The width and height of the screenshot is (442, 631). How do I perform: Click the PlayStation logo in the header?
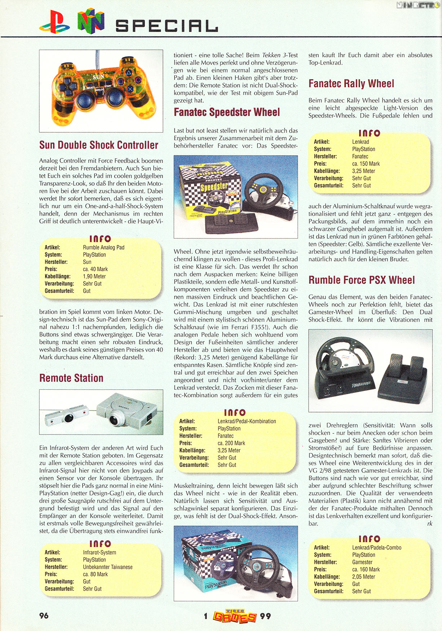55,22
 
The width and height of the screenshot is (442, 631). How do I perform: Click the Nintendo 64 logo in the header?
91,21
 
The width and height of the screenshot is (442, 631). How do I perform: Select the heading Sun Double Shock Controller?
98,145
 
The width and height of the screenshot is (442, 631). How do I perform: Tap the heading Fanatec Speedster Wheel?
227,112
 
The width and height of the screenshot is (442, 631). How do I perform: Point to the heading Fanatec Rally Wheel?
351,84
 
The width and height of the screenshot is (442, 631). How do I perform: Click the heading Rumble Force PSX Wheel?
362,280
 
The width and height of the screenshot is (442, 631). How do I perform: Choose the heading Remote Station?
71,378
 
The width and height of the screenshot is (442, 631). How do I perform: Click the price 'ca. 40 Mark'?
95,269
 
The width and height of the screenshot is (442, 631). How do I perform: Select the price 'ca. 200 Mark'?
231,443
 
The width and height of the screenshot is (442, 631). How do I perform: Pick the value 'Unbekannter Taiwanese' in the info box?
107,567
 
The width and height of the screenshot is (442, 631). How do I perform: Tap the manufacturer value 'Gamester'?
362,562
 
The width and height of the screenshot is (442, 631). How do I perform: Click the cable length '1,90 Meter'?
94,277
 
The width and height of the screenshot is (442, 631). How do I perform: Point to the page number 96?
44,615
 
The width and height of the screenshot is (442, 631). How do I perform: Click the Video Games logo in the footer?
235,616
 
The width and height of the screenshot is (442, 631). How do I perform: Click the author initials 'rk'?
429,524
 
